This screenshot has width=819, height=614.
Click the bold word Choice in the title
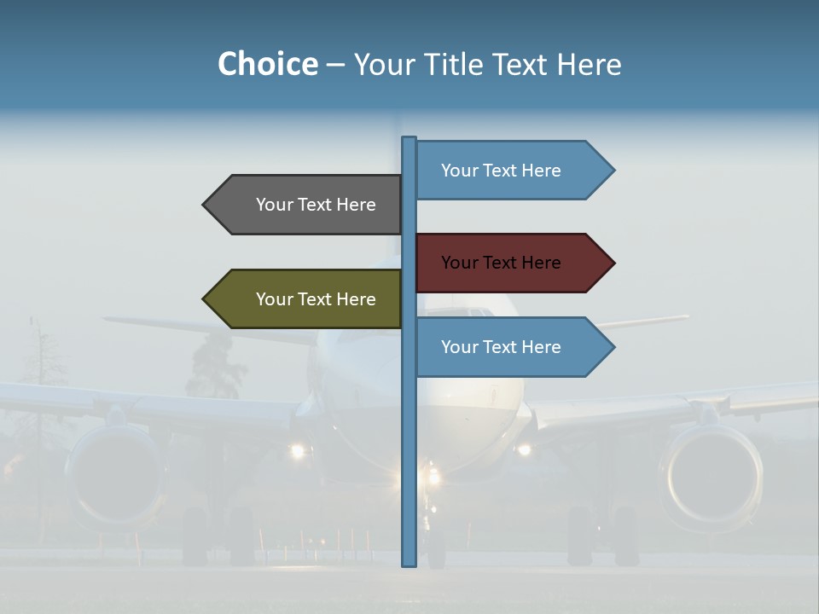pyautogui.click(x=267, y=64)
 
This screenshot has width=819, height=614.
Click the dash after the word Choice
pyautogui.click(x=335, y=66)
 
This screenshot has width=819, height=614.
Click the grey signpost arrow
pyautogui.click(x=307, y=205)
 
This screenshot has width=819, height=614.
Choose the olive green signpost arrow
pyautogui.click(x=307, y=299)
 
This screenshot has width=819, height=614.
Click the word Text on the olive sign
pyautogui.click(x=316, y=299)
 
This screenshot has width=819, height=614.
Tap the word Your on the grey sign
pyautogui.click(x=275, y=205)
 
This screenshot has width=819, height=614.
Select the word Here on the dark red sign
pyautogui.click(x=542, y=263)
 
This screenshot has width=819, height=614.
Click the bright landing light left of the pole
pyautogui.click(x=297, y=449)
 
